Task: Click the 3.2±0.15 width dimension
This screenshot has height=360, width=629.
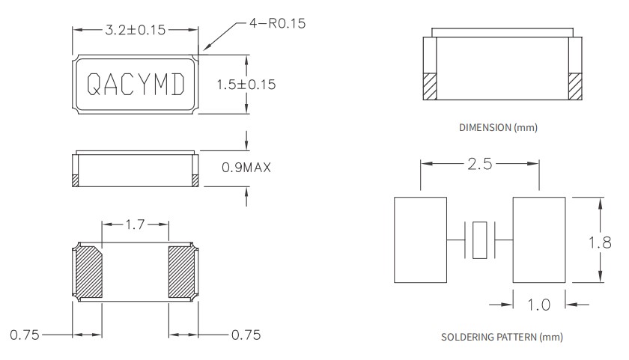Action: tap(136, 30)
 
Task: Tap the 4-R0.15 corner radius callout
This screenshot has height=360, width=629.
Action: tap(277, 24)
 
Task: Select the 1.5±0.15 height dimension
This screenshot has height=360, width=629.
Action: tap(246, 85)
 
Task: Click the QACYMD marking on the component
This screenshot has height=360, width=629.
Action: tap(136, 85)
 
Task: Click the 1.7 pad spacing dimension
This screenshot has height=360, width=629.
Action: tap(136, 223)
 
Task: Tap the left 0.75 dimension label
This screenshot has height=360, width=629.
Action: tap(25, 335)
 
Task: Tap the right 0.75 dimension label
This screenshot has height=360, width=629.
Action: tap(245, 335)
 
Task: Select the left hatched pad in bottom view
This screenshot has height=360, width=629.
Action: tap(88, 272)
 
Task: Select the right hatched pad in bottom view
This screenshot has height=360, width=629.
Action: tap(183, 272)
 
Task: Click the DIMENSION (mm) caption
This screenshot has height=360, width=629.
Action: tap(498, 128)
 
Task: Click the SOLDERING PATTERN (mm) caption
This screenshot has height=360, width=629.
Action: tap(498, 337)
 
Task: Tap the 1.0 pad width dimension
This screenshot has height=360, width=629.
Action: tap(539, 305)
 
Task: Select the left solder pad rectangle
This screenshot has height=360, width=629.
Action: tap(420, 240)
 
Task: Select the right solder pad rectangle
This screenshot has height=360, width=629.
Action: tap(538, 240)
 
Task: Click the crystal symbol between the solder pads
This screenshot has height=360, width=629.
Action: tap(479, 240)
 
